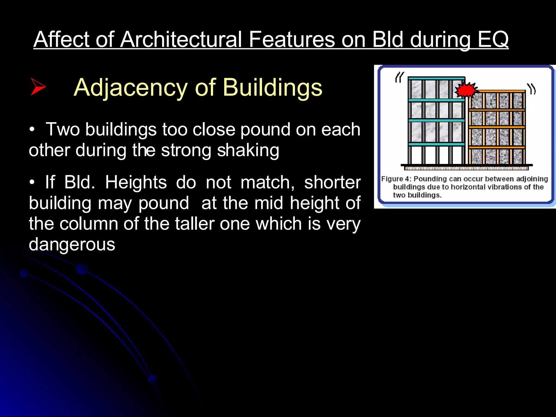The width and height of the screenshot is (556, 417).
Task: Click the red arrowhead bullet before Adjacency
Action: pyautogui.click(x=38, y=87)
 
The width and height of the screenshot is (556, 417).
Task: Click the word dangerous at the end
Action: pyautogui.click(x=72, y=244)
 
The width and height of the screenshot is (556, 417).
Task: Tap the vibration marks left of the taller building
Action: pyautogui.click(x=399, y=77)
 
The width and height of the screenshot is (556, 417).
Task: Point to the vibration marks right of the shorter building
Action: pyautogui.click(x=532, y=89)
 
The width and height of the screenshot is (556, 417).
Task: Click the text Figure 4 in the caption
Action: pyautogui.click(x=396, y=179)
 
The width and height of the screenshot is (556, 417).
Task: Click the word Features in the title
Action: pyautogui.click(x=292, y=39)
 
